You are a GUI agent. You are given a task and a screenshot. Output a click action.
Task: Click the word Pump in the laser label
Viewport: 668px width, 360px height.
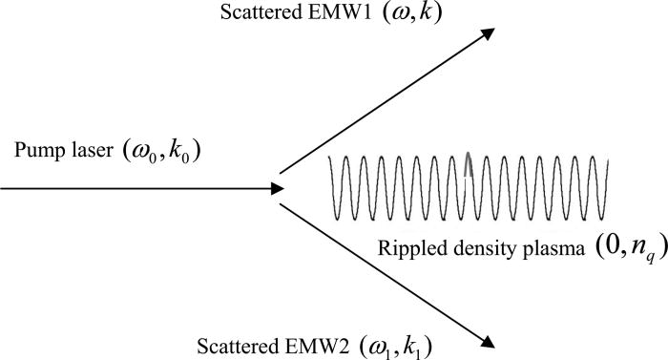coord(35,150)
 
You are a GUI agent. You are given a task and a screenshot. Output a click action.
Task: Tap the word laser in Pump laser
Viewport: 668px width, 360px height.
coord(84,150)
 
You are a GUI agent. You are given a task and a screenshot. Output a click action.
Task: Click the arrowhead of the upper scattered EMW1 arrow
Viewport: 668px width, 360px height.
coord(487,33)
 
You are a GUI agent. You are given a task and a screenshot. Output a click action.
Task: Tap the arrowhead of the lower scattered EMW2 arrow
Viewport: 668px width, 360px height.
coord(487,340)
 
